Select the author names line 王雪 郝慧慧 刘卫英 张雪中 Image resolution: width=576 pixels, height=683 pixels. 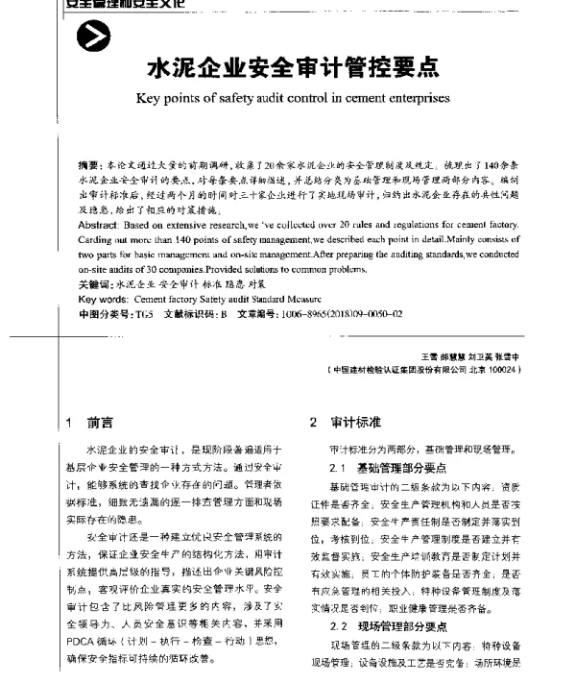coord(476,356)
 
